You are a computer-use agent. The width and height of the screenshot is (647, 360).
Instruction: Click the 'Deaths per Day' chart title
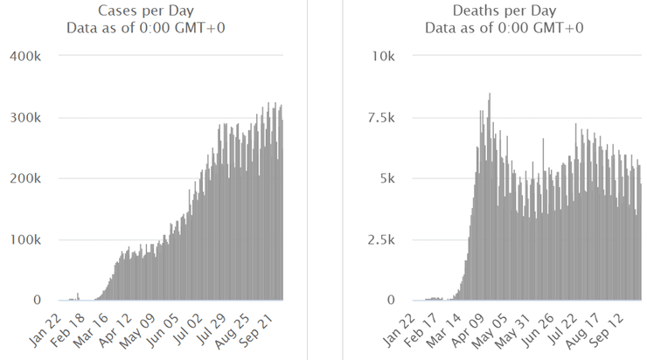pos(504,10)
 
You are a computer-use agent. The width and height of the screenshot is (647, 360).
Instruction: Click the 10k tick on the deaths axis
pos(384,56)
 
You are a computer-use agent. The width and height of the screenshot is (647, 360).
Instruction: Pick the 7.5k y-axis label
pos(380,117)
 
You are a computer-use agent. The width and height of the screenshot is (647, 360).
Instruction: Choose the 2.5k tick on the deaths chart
pos(380,239)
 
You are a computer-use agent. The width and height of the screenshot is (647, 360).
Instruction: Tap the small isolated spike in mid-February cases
pos(79,295)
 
